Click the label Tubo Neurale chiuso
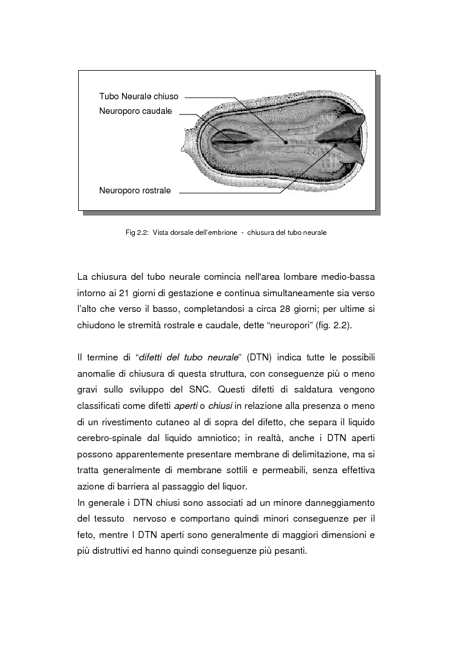click(x=138, y=96)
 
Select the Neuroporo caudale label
click(x=135, y=112)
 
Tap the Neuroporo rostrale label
click(x=135, y=190)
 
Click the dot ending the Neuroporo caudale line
click(x=235, y=142)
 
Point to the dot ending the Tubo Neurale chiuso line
click(x=286, y=141)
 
